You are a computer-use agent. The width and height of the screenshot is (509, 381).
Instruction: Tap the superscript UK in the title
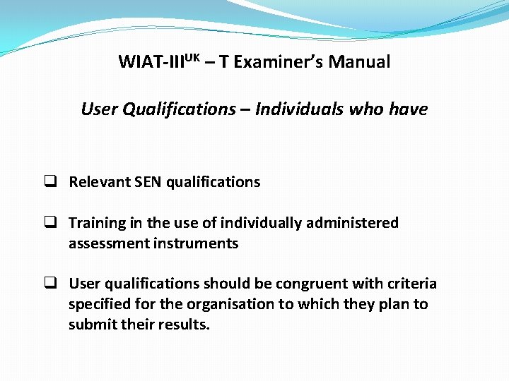click(190, 56)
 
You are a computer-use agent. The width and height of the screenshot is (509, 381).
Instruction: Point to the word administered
click(352, 223)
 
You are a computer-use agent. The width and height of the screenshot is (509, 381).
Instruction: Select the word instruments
click(199, 243)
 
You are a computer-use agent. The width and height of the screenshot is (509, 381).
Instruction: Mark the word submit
click(90, 325)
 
